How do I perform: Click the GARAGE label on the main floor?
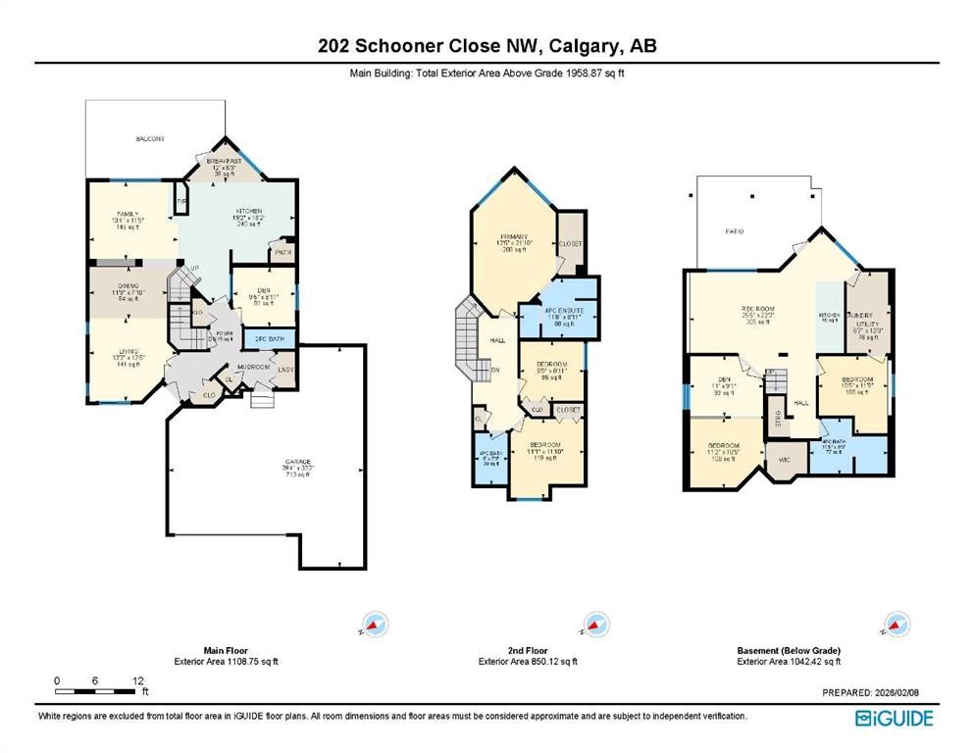(x=298, y=461)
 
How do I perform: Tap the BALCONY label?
(x=150, y=139)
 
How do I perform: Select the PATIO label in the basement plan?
(x=734, y=231)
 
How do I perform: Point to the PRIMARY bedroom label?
(x=515, y=237)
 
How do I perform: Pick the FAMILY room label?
(x=128, y=214)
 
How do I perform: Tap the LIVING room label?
(x=128, y=351)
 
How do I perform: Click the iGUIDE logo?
(x=893, y=717)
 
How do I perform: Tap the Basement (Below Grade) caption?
(x=788, y=650)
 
